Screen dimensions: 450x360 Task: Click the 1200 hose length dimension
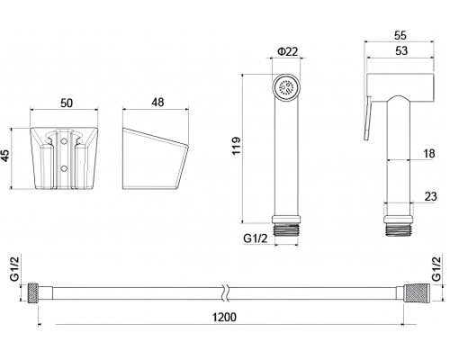click(224, 317)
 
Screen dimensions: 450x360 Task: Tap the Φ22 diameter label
click(288, 51)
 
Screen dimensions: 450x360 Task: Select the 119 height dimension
click(237, 146)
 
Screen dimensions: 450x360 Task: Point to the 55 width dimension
click(400, 35)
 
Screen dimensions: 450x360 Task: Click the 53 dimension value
click(401, 50)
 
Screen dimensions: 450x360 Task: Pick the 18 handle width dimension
click(429, 154)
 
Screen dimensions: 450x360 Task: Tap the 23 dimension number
click(430, 196)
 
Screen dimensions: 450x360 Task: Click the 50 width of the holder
click(67, 103)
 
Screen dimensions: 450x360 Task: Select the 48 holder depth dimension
click(157, 103)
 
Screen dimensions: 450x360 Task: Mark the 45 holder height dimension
click(6, 156)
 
